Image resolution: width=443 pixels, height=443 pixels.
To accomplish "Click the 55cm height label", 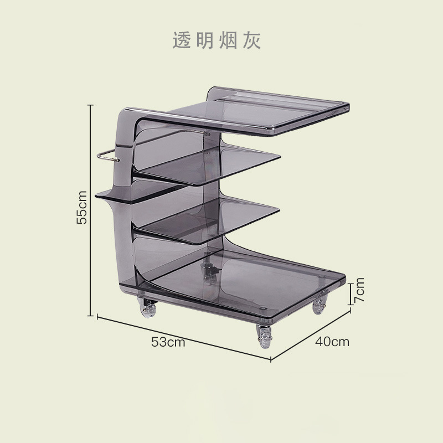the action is click(82, 207).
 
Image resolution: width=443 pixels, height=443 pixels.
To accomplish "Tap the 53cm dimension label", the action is click(168, 342).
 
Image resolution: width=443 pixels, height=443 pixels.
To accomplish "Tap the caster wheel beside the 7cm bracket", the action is click(320, 306).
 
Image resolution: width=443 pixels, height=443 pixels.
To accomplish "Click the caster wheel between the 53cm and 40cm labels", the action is click(265, 336).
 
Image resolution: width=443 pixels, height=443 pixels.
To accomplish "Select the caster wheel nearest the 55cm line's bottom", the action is click(148, 307).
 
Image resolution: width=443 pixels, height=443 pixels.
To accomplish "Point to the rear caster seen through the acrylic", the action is click(209, 271).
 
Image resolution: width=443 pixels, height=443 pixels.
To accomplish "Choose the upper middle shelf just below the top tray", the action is click(221, 163).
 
